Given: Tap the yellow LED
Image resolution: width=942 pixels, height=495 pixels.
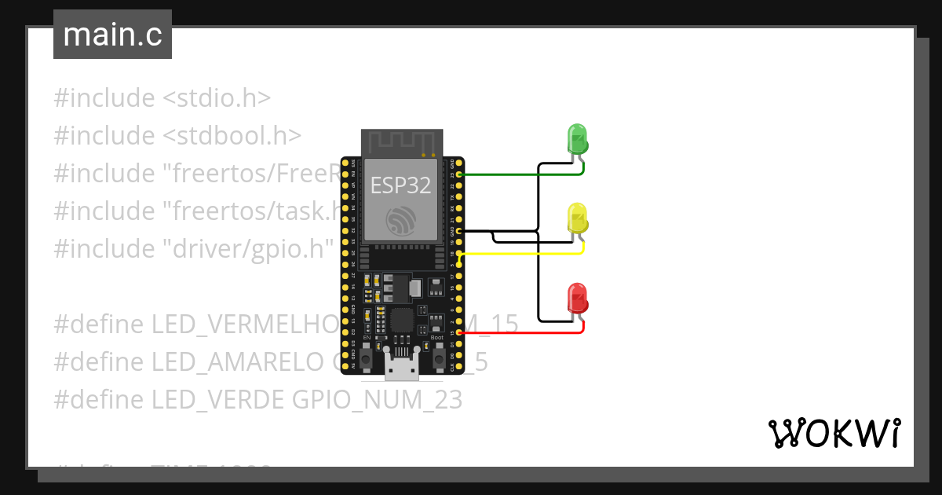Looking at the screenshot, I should (x=578, y=218).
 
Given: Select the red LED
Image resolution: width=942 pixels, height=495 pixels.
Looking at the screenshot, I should (x=578, y=299).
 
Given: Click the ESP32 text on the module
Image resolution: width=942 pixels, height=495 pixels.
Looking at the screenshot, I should (x=400, y=185).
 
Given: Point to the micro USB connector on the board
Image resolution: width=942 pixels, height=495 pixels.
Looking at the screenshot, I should (x=401, y=366).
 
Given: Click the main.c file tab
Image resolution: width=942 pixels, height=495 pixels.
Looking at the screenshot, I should (x=112, y=35).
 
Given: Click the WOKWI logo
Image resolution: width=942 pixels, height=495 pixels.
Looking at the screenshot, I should (x=834, y=433).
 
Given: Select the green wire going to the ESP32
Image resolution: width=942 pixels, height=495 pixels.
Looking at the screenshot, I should (x=518, y=174).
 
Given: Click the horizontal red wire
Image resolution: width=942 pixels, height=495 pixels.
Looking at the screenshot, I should (x=518, y=333).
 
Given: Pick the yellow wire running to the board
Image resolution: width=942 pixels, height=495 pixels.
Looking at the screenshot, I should (x=518, y=254).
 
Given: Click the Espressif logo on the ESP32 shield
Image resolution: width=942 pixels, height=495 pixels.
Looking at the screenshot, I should (x=400, y=221).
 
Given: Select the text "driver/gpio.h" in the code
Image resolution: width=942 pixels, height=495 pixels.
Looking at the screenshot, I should (x=249, y=249).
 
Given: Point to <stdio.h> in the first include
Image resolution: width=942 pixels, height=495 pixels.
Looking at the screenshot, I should (x=216, y=98).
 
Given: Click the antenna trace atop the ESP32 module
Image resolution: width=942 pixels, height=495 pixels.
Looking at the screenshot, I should (x=400, y=142).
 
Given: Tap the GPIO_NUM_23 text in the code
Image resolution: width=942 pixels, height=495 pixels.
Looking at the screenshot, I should (x=377, y=400).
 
